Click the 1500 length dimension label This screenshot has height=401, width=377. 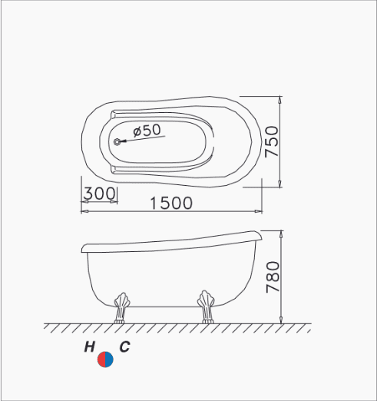(171, 204)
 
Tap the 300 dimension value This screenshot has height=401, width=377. (100, 194)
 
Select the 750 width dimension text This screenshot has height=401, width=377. (272, 141)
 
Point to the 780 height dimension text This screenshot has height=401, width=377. (273, 277)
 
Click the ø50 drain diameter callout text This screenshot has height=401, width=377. (147, 130)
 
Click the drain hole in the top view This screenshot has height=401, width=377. (117, 141)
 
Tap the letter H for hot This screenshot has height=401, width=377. (89, 347)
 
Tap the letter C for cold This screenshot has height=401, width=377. (124, 347)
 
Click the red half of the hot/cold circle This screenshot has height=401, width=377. (101, 360)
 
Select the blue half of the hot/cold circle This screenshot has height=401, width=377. (109, 360)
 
